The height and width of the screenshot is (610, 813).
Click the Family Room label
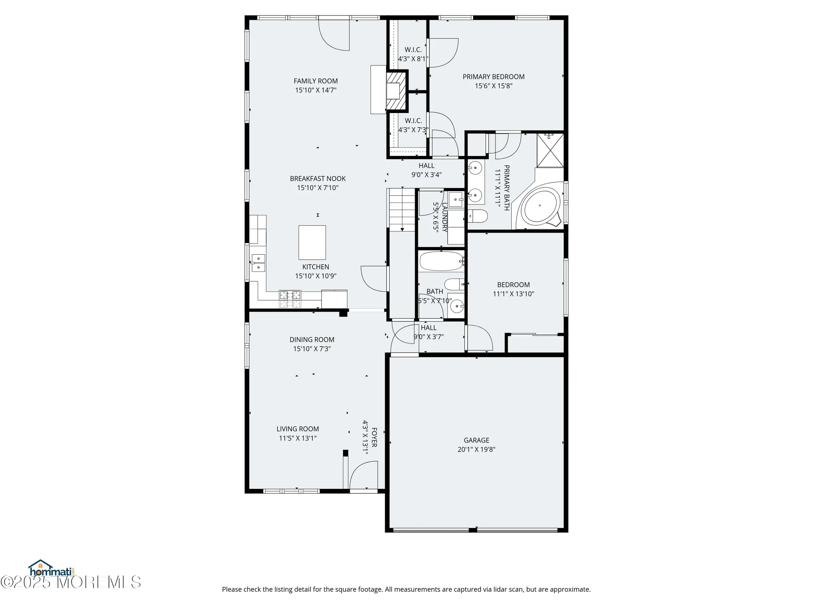[315, 81]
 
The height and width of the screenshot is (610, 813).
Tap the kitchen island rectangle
[312, 242]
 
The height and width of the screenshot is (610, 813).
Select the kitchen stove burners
[290, 299]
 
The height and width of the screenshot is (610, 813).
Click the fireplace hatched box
[396, 91]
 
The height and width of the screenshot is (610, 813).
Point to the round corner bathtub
[539, 206]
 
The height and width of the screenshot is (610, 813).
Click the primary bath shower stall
[550, 150]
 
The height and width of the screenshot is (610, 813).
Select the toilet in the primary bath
[477, 216]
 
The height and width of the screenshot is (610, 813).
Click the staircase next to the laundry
[402, 210]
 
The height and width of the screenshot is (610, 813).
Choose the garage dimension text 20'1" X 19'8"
[476, 449]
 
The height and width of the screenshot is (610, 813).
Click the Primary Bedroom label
[493, 76]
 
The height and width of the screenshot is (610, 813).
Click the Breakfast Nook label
[317, 179]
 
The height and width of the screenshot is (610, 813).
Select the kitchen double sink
[258, 263]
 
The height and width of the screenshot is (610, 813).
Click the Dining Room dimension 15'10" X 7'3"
[312, 349]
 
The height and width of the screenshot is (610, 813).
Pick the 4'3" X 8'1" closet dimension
[413, 59]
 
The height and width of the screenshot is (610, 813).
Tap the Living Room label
[298, 429]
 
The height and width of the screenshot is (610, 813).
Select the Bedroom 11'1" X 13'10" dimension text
[513, 294]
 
